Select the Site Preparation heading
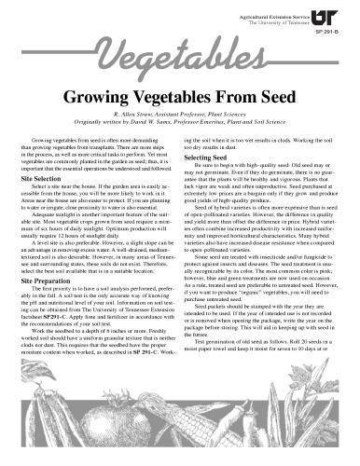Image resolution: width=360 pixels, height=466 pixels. [50, 280]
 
